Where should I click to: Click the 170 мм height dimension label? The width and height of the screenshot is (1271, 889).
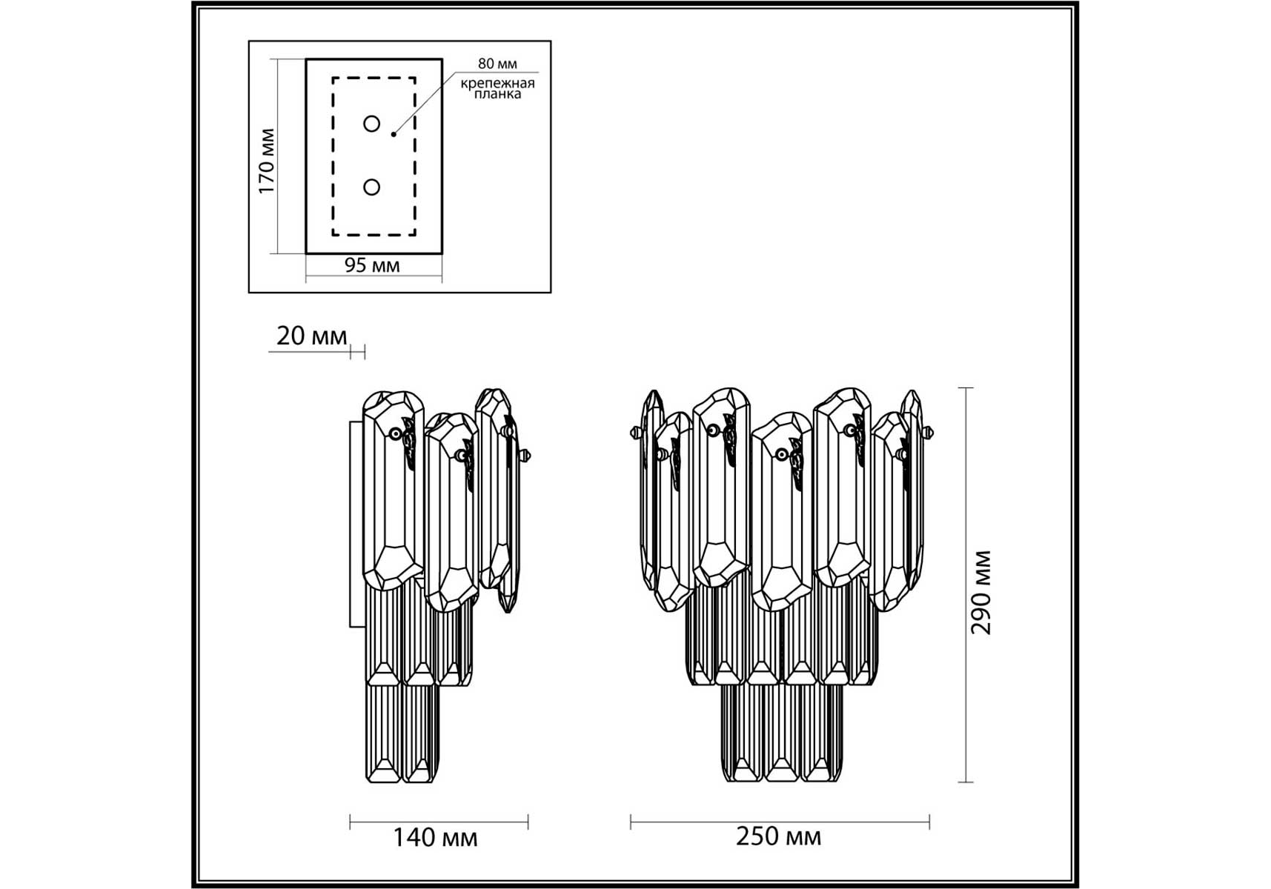266,162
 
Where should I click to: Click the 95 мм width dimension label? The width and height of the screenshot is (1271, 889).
372,265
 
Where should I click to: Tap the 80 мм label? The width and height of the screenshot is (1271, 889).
497,64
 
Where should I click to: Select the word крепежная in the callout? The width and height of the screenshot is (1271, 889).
497,83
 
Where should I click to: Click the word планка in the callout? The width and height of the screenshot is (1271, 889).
497,94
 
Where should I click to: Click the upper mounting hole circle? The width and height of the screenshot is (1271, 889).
372,124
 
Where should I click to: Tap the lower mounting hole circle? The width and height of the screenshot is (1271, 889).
372,187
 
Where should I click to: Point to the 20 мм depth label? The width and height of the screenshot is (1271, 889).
311,336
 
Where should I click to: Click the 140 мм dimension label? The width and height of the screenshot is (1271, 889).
435,838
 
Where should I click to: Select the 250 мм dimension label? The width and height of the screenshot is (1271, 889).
778,836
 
